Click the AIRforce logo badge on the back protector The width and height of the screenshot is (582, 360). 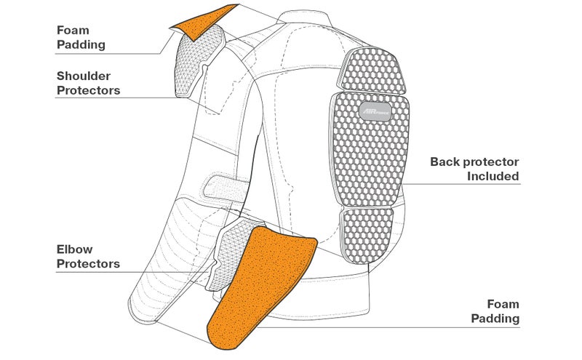click(x=375, y=112)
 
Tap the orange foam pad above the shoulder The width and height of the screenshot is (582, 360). click(x=202, y=23)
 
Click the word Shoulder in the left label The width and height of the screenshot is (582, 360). click(x=84, y=76)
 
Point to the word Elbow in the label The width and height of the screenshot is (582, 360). click(x=75, y=249)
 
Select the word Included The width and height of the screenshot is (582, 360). click(x=493, y=176)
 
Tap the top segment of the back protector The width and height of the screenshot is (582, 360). click(x=372, y=71)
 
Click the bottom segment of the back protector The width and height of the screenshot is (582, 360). click(x=367, y=236)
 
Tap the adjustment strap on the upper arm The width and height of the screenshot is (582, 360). click(x=226, y=188)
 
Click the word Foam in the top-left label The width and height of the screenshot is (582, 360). click(x=73, y=31)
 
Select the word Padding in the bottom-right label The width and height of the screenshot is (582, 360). click(x=495, y=319)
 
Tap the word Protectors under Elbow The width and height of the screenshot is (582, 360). click(x=88, y=264)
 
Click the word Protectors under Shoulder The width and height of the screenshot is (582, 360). click(x=88, y=91)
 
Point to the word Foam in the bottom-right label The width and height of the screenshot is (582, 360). click(x=503, y=304)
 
